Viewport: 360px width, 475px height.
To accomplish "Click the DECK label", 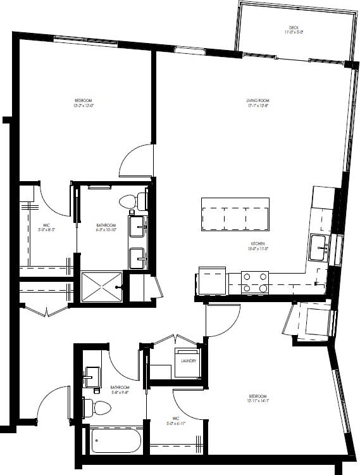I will click(294, 28).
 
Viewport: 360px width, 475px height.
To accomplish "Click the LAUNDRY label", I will click(188, 361).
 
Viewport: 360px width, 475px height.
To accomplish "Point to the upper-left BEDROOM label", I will click(84, 101).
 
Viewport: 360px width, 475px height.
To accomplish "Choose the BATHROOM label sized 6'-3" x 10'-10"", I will click(106, 225).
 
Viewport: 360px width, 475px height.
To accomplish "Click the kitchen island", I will click(235, 213).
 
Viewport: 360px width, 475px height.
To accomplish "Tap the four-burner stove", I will click(255, 282).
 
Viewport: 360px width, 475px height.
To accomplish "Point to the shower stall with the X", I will click(101, 287).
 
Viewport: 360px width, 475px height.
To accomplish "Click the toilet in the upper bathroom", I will click(131, 201).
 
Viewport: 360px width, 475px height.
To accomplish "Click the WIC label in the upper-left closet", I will click(47, 225).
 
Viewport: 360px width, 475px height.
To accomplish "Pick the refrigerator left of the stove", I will click(212, 281).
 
